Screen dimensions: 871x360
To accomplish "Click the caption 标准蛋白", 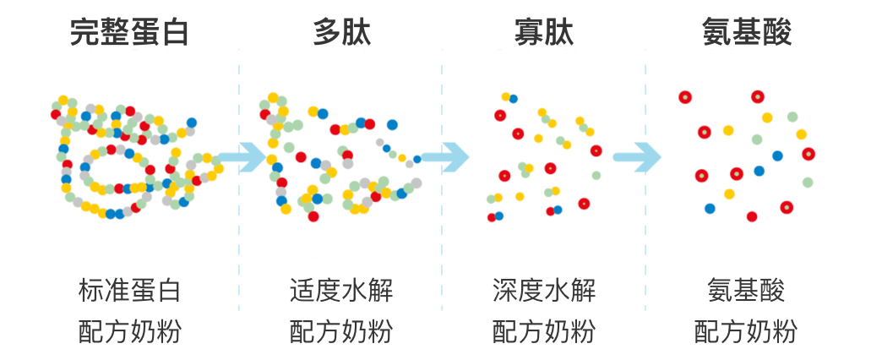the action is click(x=129, y=291).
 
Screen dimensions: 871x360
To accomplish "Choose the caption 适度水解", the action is click(x=341, y=291).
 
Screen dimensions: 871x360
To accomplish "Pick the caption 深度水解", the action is click(x=544, y=291).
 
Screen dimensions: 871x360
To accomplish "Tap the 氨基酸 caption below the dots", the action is click(x=746, y=291).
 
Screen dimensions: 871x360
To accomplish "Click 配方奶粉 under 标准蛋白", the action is click(x=129, y=331).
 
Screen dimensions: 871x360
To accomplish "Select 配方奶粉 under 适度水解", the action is click(x=341, y=331).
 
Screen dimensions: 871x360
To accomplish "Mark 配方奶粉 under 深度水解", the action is click(x=544, y=331).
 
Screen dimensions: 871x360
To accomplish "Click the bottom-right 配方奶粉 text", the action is click(x=746, y=331).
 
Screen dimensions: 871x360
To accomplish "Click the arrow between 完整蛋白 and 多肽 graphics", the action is click(x=241, y=157).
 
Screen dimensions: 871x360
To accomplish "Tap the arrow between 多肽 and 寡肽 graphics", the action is click(x=444, y=157).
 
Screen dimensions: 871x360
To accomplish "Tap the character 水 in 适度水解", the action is click(x=354, y=291).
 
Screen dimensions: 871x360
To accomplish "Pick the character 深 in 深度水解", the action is click(x=505, y=291).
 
